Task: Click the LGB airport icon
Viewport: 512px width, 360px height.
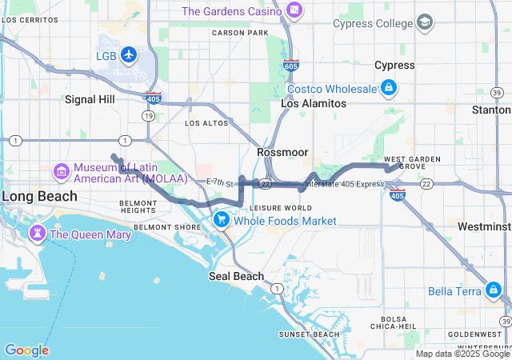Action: click(129, 55)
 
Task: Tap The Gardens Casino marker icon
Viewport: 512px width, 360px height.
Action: click(295, 11)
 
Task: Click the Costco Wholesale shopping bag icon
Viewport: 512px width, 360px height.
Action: click(388, 87)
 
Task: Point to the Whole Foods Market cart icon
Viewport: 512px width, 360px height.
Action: click(222, 219)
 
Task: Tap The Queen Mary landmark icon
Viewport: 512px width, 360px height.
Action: click(37, 234)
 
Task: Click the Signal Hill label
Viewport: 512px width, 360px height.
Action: click(90, 99)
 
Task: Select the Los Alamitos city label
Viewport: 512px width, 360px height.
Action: click(314, 104)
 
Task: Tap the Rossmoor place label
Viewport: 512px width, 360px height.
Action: click(278, 151)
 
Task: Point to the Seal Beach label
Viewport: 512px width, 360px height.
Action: click(236, 276)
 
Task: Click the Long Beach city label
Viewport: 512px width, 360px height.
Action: click(38, 196)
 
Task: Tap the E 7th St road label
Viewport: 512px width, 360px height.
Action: click(218, 184)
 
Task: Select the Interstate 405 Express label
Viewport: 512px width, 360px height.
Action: click(344, 184)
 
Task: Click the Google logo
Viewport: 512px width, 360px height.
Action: click(26, 350)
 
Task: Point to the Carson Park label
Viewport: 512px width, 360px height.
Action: click(240, 33)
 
